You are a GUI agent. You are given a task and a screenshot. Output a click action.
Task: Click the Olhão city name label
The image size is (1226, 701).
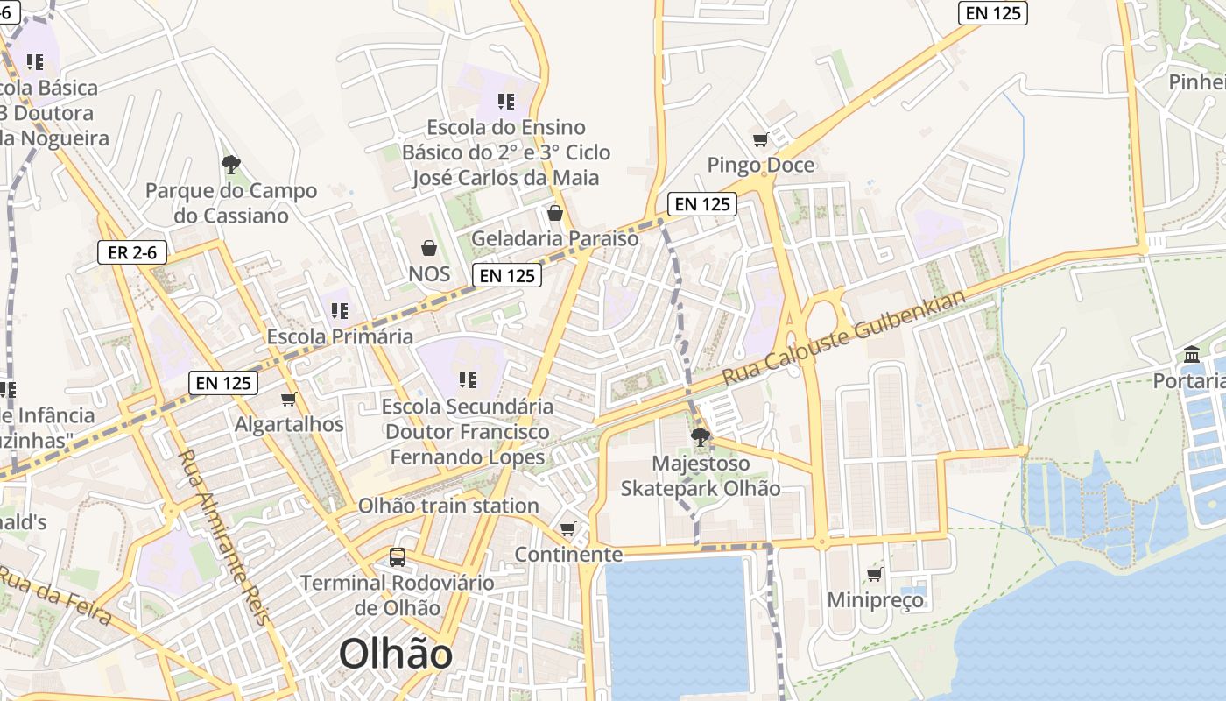pos(396,655)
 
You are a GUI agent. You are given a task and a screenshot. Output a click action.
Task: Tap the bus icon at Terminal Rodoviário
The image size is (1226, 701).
pos(398,556)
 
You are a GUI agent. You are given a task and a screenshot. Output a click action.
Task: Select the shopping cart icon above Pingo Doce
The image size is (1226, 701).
pos(760,139)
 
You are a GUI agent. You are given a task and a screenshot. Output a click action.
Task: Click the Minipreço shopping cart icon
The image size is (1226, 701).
pos(874,575)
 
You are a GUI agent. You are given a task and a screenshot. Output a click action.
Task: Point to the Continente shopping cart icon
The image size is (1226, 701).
pos(568,528)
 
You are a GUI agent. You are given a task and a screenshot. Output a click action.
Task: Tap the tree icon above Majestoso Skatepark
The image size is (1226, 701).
pos(699,437)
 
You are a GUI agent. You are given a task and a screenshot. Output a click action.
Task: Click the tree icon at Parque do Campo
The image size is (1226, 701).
pos(231,164)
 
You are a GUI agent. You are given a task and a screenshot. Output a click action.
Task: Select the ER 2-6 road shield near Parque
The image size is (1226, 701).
pos(132,253)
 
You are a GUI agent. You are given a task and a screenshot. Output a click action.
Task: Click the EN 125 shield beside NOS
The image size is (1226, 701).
pos(507,275)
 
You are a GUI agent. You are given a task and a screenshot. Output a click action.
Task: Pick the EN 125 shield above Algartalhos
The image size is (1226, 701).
pos(223,383)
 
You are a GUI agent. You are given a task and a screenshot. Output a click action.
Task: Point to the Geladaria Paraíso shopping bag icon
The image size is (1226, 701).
pos(554,213)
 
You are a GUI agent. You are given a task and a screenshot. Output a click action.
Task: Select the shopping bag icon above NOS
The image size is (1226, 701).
pos(429,249)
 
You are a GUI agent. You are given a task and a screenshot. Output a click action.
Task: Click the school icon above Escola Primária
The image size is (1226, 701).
pos(340,311)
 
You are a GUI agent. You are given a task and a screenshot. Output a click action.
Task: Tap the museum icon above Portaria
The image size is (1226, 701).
pos(1192,355)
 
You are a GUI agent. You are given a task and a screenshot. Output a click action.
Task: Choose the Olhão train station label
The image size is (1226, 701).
pos(448,506)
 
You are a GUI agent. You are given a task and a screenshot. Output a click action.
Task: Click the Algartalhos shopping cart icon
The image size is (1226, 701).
pos(289,400)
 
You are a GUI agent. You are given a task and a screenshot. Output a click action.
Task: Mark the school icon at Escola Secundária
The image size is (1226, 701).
pos(468,380)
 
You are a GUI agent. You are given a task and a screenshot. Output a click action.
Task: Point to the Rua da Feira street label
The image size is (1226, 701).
pos(54,596)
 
